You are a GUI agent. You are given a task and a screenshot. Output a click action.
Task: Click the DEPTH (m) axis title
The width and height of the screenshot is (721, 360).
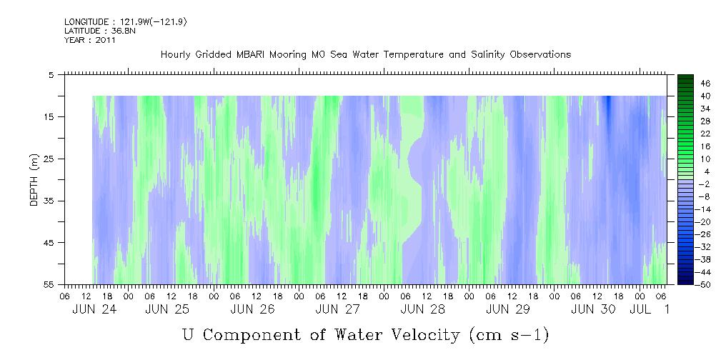(x=34, y=179)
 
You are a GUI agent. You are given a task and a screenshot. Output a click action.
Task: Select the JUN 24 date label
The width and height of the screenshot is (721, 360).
(x=94, y=309)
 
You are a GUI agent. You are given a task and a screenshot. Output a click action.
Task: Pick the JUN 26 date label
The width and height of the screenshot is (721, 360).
(x=252, y=309)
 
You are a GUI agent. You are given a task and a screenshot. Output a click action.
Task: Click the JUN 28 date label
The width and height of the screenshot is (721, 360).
(x=422, y=309)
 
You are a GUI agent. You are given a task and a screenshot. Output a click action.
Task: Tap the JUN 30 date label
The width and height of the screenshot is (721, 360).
(x=593, y=309)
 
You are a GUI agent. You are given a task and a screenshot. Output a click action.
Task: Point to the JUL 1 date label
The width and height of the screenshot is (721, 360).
(x=650, y=309)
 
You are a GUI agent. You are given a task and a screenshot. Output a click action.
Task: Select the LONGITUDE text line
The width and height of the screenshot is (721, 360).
(x=126, y=21)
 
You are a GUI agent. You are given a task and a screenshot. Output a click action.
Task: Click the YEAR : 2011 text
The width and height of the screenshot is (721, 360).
(x=90, y=40)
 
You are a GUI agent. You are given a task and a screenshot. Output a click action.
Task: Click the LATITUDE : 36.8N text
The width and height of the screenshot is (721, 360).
(x=97, y=31)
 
